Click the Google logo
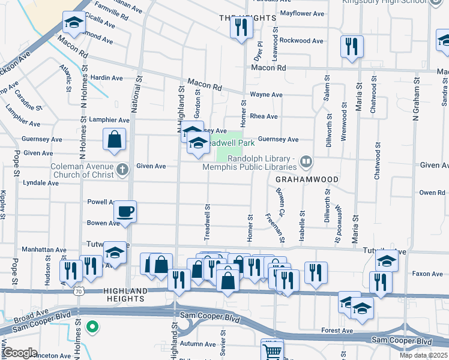pyautogui.click(x=20, y=352)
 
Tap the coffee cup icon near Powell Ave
pyautogui.click(x=125, y=212)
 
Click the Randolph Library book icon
pyautogui.click(x=306, y=161)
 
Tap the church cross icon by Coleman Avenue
pyautogui.click(x=122, y=169)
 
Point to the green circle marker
pyautogui.click(x=92, y=327)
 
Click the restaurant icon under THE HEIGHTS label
pyautogui.click(x=242, y=27)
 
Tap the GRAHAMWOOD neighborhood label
pyautogui.click(x=307, y=179)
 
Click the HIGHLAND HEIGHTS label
pyautogui.click(x=125, y=291)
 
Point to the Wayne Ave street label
pyautogui.click(x=266, y=95)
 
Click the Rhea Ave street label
pyautogui.click(x=264, y=116)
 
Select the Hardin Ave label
pyautogui.click(x=106, y=78)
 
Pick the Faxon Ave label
pyautogui.click(x=428, y=274)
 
